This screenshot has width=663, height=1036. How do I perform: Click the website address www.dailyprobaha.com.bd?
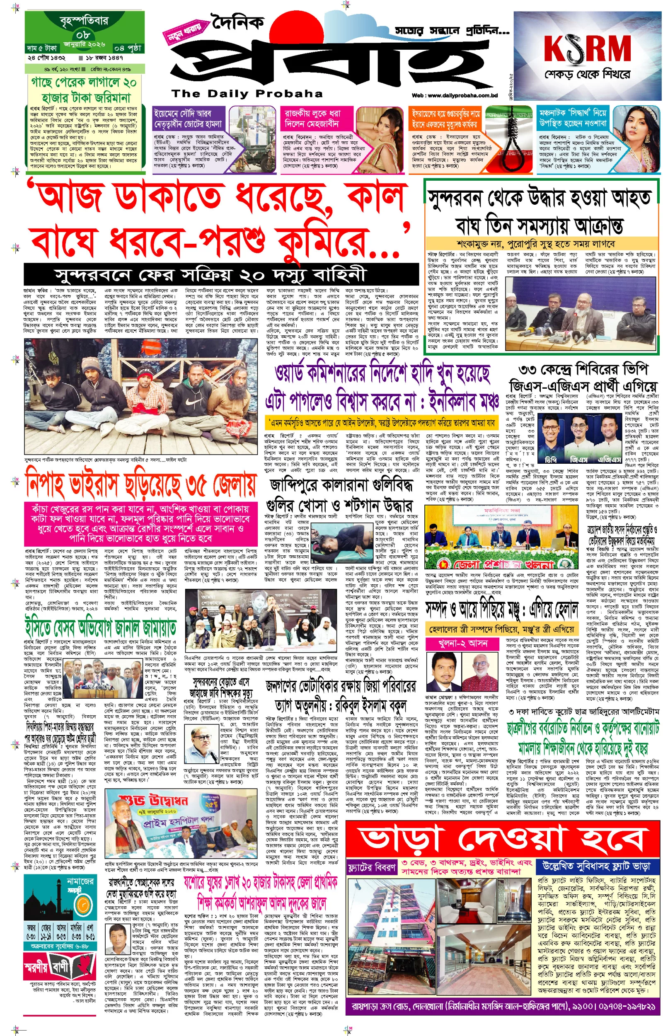click(454, 96)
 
